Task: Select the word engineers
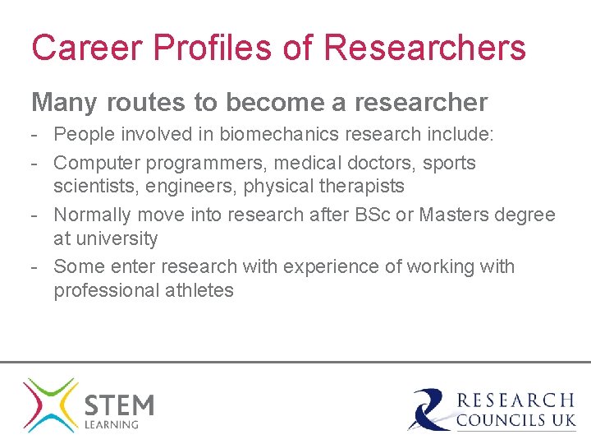pyautogui.click(x=190, y=186)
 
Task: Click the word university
pyautogui.click(x=117, y=238)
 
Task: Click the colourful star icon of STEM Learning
pyautogui.click(x=50, y=405)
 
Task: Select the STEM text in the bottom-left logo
pyautogui.click(x=119, y=405)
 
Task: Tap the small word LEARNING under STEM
pyautogui.click(x=111, y=425)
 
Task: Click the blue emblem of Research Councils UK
pyautogui.click(x=429, y=409)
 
